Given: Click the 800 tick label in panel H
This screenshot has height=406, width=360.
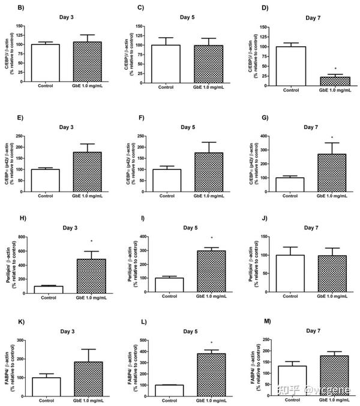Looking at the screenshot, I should click(21, 237).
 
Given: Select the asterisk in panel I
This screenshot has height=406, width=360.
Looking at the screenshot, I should click(211, 238).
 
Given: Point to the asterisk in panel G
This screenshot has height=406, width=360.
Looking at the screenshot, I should click(332, 138).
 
